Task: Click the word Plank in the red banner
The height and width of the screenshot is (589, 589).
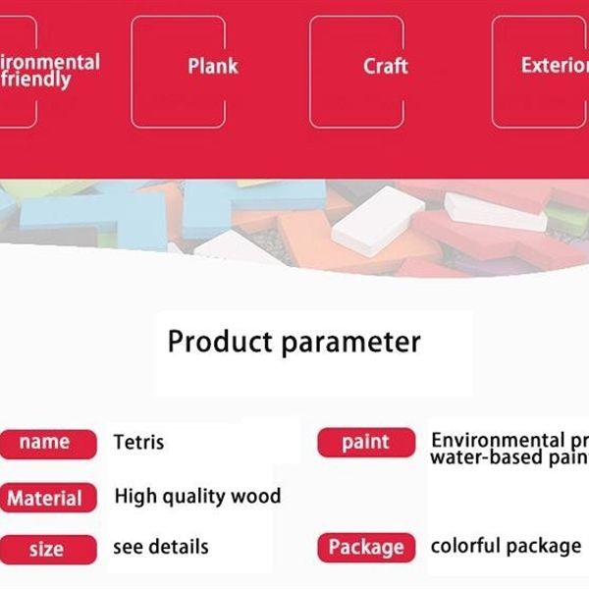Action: point(213,67)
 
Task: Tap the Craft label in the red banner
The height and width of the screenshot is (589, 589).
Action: point(385,67)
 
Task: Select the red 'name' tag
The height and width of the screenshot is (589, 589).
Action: point(45,443)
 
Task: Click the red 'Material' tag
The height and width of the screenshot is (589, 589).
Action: point(45,498)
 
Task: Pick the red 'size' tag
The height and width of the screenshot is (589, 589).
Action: point(45,549)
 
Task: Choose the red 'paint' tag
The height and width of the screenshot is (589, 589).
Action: point(366,443)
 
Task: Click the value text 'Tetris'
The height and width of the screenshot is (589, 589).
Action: point(138,443)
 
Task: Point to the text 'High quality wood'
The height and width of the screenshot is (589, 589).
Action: point(197,496)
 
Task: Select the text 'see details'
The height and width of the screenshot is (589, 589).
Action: point(161,547)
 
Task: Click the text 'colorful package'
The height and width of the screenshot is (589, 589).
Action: point(506,546)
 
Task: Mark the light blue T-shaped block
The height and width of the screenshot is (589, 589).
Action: point(93,216)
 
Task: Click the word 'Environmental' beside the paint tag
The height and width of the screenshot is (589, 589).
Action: point(499,440)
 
